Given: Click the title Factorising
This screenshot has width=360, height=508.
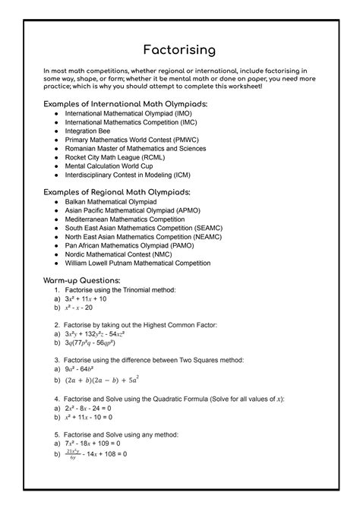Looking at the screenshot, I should click(x=180, y=50).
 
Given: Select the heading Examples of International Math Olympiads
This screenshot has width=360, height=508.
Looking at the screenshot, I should click(x=125, y=103).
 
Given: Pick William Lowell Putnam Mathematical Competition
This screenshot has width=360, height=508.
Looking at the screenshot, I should click(x=148, y=263).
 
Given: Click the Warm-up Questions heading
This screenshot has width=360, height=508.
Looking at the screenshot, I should click(x=86, y=280).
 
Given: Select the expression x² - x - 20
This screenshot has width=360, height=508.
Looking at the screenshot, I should click(x=78, y=308).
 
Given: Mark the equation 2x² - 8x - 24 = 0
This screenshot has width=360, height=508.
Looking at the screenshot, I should click(x=90, y=408).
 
